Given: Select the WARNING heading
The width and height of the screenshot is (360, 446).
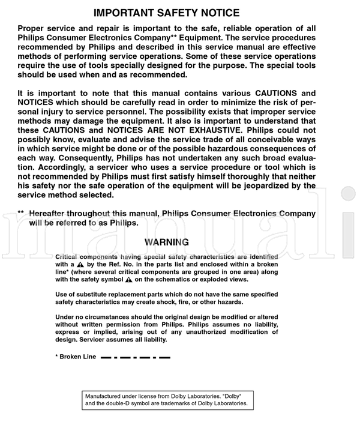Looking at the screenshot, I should click(x=167, y=243).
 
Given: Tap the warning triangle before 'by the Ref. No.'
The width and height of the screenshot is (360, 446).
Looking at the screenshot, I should click(x=80, y=264).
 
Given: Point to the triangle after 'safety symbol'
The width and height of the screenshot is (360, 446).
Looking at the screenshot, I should click(x=128, y=280).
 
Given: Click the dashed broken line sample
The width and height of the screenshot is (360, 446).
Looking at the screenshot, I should click(x=136, y=357).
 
